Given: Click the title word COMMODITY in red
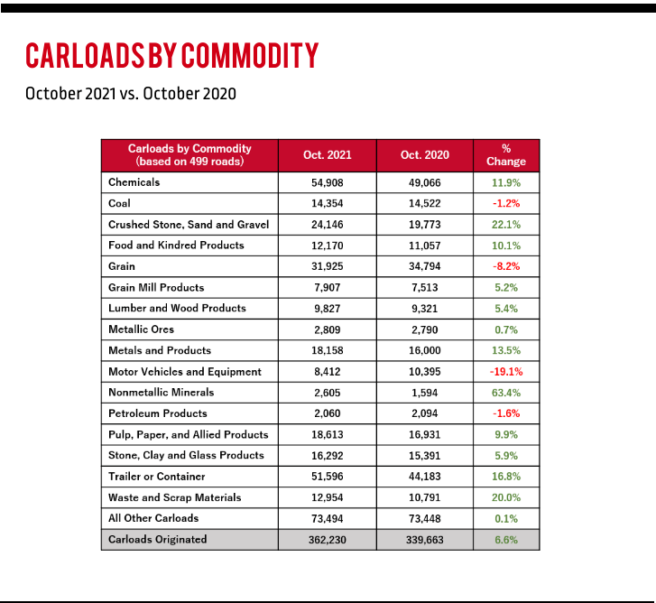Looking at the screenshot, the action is click(x=250, y=55).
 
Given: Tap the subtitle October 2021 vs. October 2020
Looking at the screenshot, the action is click(x=131, y=94).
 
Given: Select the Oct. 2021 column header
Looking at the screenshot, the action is click(x=328, y=155).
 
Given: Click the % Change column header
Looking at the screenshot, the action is click(x=506, y=155).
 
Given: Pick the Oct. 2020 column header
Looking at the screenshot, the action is click(x=425, y=155).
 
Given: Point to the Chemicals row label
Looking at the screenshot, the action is click(x=134, y=182).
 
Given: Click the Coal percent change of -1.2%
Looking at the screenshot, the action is click(x=506, y=203).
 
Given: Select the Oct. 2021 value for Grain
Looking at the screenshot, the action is click(x=328, y=266).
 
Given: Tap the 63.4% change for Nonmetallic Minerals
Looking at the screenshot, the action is click(x=506, y=393).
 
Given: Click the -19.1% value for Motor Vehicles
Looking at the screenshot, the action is click(x=506, y=372).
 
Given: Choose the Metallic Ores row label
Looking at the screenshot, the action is click(x=141, y=329).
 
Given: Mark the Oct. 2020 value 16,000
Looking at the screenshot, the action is click(x=425, y=350).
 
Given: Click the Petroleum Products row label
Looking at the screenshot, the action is click(x=158, y=413).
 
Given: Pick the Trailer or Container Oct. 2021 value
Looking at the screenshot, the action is click(x=328, y=477).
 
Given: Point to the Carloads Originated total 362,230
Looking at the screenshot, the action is click(x=328, y=540).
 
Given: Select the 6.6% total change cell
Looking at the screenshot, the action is click(x=506, y=540).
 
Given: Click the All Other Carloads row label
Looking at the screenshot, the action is click(x=153, y=518).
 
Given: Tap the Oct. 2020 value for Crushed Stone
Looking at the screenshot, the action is click(x=425, y=225).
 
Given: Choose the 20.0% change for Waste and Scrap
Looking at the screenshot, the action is click(x=506, y=497).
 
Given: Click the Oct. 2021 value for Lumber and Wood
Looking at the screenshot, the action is click(x=328, y=309).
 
